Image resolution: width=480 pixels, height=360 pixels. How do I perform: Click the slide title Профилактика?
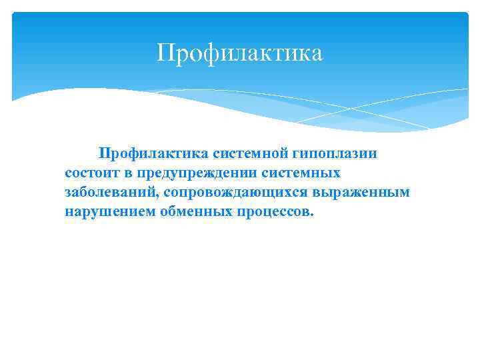[239, 53]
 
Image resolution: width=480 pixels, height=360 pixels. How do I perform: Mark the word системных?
[309, 173]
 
